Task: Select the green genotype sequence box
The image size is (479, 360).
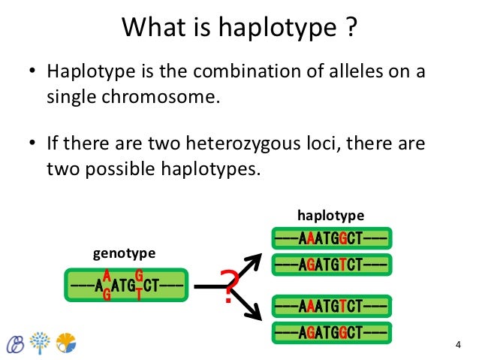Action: tap(125, 285)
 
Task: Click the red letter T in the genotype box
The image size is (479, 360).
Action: tap(139, 295)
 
